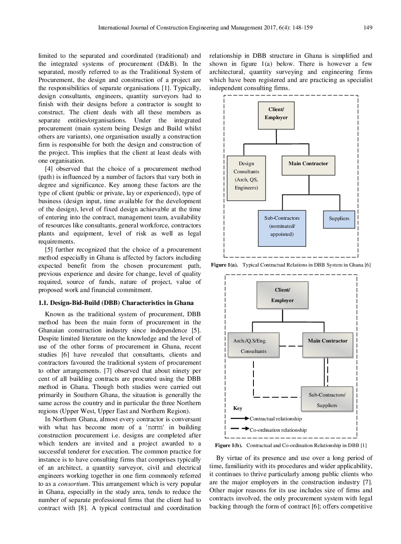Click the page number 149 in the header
[367, 27]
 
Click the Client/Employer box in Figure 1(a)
[276, 116]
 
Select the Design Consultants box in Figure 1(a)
[246, 178]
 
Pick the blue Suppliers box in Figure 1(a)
[339, 219]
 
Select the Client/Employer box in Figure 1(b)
[282, 295]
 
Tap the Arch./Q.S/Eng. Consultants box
[253, 346]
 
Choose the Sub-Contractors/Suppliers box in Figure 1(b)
[327, 399]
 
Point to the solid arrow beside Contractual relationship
[240, 418]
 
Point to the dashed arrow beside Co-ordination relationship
[240, 428]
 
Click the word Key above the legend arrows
[238, 408]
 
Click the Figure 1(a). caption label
[224, 265]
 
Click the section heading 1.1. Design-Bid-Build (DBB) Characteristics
[116, 303]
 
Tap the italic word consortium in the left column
[73, 484]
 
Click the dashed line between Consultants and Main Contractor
[291, 346]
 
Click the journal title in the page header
[205, 27]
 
